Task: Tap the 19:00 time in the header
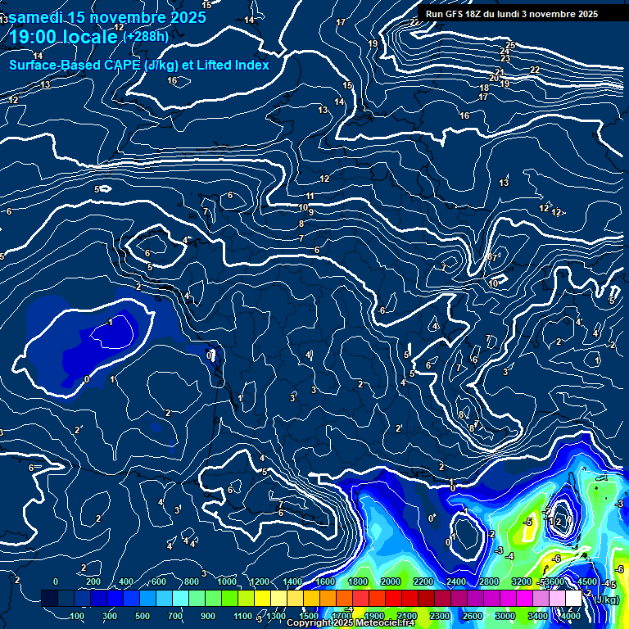click(x=38, y=37)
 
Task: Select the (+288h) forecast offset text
click(x=146, y=36)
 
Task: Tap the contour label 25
click(x=511, y=45)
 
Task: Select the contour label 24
click(x=505, y=52)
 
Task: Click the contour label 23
click(x=505, y=59)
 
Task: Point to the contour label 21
click(x=500, y=73)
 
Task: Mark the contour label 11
click(x=310, y=197)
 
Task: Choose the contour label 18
click(x=484, y=88)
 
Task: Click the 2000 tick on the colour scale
click(x=390, y=581)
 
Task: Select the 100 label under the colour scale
click(x=79, y=616)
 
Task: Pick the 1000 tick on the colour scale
click(x=227, y=581)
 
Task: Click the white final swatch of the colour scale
click(x=573, y=599)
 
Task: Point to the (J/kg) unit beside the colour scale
click(x=606, y=600)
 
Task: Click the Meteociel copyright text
click(x=351, y=623)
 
